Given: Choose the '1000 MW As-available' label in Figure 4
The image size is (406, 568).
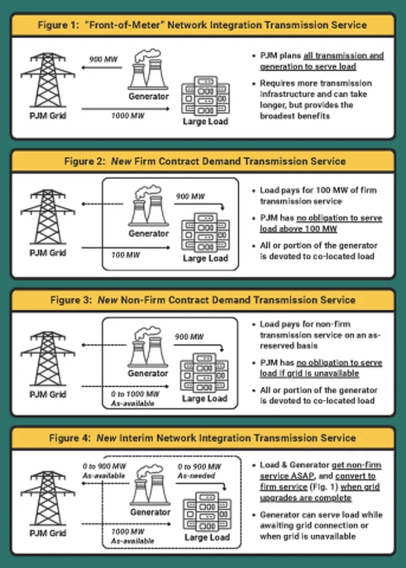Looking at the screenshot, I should (133, 536).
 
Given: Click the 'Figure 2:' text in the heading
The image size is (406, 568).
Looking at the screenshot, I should (86, 162).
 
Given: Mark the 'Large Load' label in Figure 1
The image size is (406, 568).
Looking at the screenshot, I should (205, 122).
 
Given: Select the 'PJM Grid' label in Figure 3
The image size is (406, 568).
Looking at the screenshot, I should (48, 394).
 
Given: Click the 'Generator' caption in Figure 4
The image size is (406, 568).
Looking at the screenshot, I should (150, 512).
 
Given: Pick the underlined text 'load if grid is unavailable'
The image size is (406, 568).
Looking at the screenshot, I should (309, 374).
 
